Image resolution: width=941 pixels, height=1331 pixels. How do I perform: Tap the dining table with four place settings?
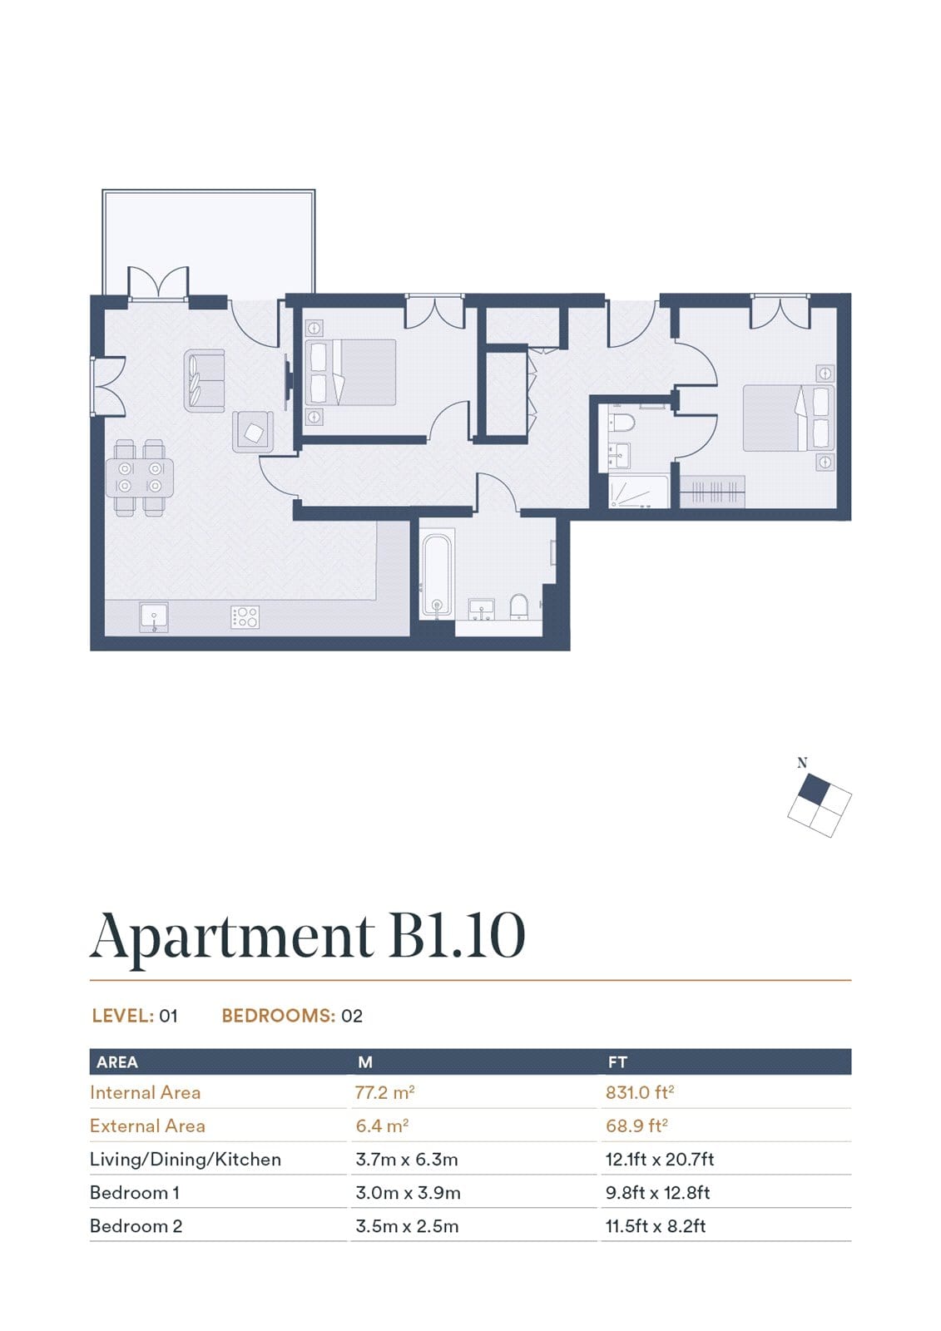click(140, 477)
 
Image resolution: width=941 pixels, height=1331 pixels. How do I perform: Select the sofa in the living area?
click(205, 381)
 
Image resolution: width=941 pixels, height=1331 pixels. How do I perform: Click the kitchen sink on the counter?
click(154, 617)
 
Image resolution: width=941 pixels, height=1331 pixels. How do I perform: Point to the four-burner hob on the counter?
click(245, 617)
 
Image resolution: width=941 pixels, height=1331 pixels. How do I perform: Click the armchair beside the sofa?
click(253, 432)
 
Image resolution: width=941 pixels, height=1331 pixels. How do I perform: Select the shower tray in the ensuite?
click(638, 491)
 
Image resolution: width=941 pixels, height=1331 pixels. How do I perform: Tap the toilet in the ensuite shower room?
click(622, 423)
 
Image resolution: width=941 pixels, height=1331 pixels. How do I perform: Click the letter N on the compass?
click(802, 762)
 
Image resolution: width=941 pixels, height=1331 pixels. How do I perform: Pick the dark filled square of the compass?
click(813, 790)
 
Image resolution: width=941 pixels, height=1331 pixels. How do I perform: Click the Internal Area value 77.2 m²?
click(384, 1092)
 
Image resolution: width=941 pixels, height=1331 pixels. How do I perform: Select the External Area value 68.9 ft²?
click(636, 1126)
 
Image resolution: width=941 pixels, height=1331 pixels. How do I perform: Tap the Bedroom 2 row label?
click(136, 1226)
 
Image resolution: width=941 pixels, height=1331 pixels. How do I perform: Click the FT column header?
click(617, 1061)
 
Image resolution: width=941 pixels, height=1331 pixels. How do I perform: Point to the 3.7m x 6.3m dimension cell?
click(407, 1160)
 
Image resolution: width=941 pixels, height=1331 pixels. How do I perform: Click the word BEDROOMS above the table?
click(278, 1016)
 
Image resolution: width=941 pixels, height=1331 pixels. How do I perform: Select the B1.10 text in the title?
click(457, 937)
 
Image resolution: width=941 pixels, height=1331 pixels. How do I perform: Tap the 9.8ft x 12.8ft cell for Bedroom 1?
click(657, 1193)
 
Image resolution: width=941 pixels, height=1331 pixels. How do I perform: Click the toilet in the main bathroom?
click(519, 606)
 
